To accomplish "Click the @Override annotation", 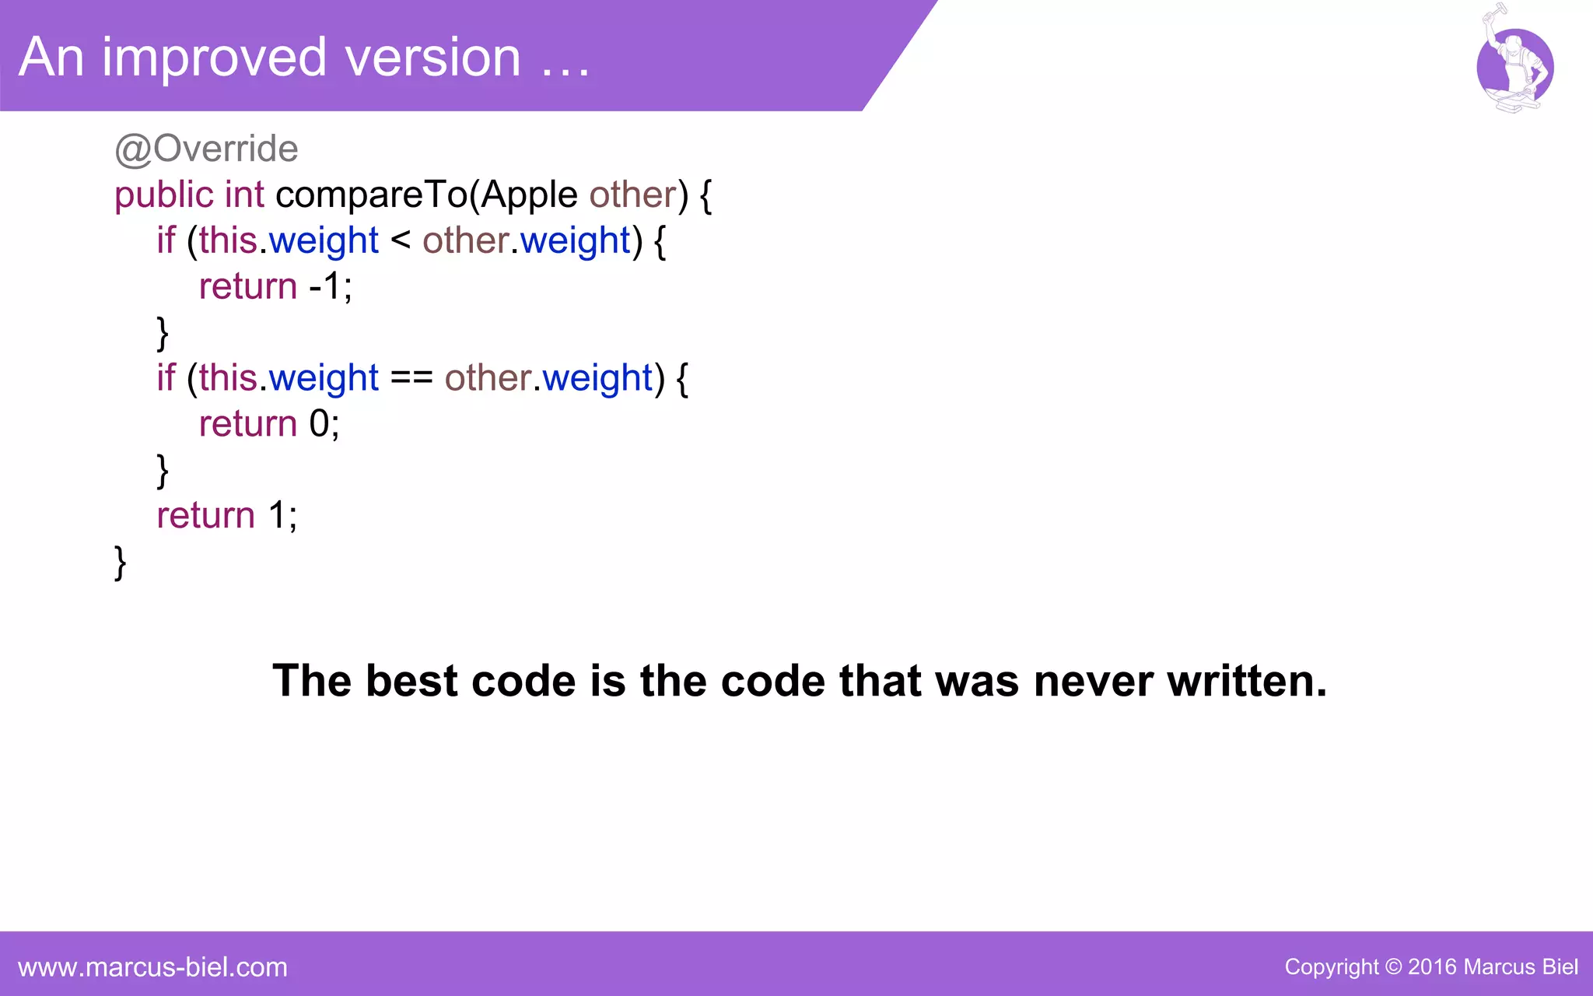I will pyautogui.click(x=206, y=149).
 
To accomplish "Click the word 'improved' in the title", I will pyautogui.click(x=214, y=59).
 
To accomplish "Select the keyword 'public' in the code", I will pyautogui.click(x=163, y=195).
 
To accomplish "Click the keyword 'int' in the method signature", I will pyautogui.click(x=244, y=195).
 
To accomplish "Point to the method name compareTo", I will pyautogui.click(x=372, y=195).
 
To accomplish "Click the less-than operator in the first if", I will pyautogui.click(x=401, y=240).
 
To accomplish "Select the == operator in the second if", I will pyautogui.click(x=411, y=378).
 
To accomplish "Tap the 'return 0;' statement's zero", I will pyautogui.click(x=320, y=424).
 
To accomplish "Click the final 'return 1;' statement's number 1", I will pyautogui.click(x=278, y=515).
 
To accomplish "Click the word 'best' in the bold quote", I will pyautogui.click(x=411, y=682).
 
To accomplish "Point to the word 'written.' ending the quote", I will pyautogui.click(x=1247, y=682).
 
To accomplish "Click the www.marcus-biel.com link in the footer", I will pyautogui.click(x=152, y=967).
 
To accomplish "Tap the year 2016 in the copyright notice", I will pyautogui.click(x=1432, y=967).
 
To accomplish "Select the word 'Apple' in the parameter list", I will pyautogui.click(x=529, y=195).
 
